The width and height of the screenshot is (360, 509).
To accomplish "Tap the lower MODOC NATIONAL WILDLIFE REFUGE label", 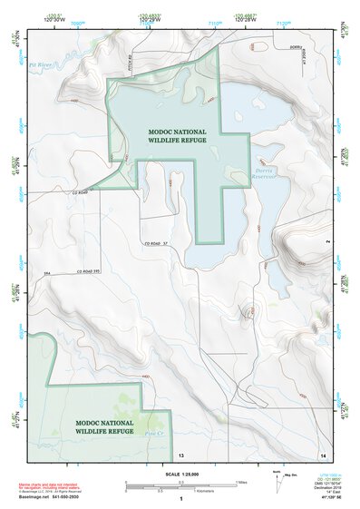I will (104, 426).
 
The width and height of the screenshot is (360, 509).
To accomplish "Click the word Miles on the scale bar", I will (241, 481).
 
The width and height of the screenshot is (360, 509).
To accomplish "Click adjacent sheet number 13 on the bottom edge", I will (180, 453).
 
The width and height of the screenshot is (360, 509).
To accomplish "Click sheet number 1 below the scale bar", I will (180, 500).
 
